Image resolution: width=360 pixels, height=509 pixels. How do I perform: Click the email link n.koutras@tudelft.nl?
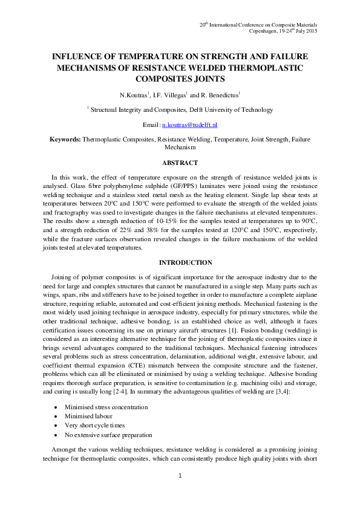click(x=188, y=125)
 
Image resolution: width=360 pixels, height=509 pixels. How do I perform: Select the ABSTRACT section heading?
click(x=180, y=163)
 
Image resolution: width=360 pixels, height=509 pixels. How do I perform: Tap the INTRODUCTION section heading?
click(x=180, y=263)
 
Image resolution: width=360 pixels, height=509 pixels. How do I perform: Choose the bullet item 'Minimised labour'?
click(x=88, y=416)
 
